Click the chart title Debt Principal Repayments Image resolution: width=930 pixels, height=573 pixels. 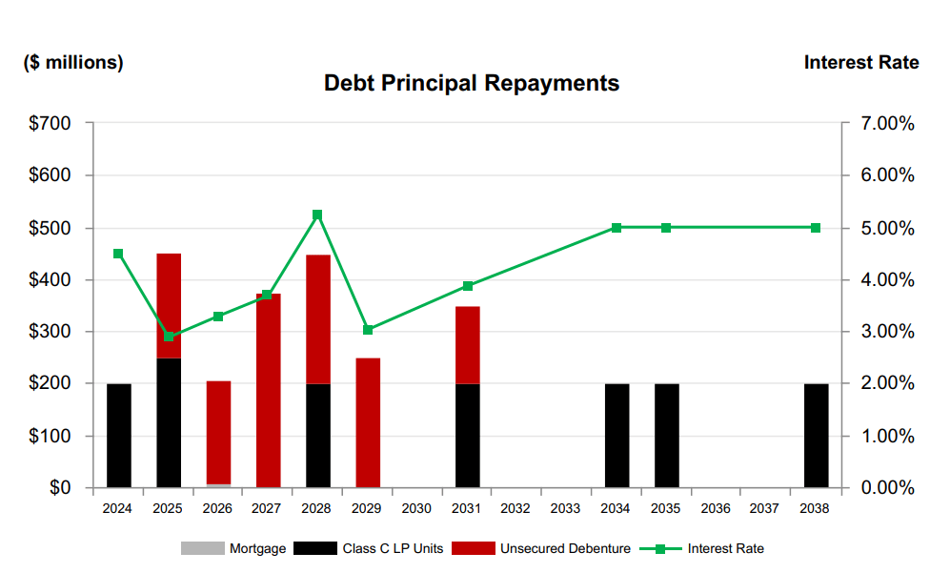pyautogui.click(x=472, y=83)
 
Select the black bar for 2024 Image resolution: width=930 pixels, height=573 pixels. pyautogui.click(x=119, y=435)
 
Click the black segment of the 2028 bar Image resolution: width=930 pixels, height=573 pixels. pyautogui.click(x=318, y=435)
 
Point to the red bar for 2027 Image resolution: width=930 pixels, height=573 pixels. pyautogui.click(x=269, y=391)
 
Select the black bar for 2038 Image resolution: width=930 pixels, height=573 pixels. pyautogui.click(x=816, y=435)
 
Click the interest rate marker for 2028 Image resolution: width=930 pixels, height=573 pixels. pyautogui.click(x=317, y=215)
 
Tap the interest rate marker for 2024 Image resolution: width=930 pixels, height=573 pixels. pyautogui.click(x=118, y=254)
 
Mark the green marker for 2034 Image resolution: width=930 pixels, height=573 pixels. pyautogui.click(x=617, y=228)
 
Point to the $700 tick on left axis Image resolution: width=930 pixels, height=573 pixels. pyautogui.click(x=50, y=124)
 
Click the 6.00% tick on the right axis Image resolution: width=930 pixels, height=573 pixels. pyautogui.click(x=881, y=175)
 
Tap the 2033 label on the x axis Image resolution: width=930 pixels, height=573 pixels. pyautogui.click(x=566, y=509)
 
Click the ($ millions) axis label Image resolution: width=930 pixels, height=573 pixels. pyautogui.click(x=73, y=63)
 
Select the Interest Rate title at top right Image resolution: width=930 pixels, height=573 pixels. pyautogui.click(x=861, y=63)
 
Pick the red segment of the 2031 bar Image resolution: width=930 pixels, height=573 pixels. pyautogui.click(x=468, y=344)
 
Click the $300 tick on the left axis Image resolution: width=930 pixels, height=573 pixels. pyautogui.click(x=50, y=332)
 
